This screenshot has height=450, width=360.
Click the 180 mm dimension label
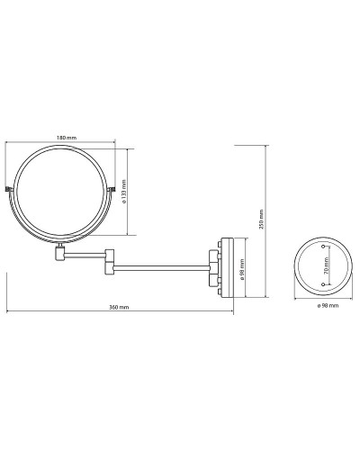click(67, 138)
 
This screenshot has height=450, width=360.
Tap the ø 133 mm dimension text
click(124, 192)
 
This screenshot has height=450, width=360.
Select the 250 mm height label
click(261, 220)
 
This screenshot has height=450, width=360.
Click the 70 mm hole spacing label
click(327, 265)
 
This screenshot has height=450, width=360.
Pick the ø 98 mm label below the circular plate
click(328, 305)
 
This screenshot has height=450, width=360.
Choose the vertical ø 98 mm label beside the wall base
click(242, 270)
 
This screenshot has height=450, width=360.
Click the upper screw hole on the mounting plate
click(323, 247)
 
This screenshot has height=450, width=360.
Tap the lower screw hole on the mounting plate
click(323, 283)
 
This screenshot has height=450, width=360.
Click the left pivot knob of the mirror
click(7, 189)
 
